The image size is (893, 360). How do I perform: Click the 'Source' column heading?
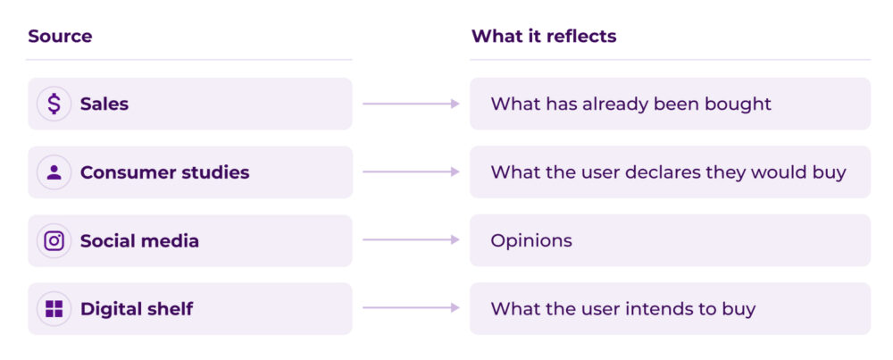(60, 37)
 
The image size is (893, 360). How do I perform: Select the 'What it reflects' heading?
(543, 37)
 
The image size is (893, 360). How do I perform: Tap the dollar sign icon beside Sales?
(54, 104)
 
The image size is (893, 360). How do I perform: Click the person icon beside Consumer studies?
(54, 172)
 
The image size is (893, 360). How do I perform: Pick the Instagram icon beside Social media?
(54, 241)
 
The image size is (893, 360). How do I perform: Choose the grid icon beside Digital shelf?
(54, 309)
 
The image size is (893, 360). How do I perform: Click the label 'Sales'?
(104, 104)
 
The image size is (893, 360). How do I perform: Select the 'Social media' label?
(139, 241)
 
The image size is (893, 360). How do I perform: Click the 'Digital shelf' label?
(137, 309)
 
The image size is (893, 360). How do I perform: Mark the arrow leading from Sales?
(411, 104)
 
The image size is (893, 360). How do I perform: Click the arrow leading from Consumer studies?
(411, 172)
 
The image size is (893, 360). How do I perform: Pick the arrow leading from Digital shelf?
(411, 309)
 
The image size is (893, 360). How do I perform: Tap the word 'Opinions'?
(531, 241)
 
